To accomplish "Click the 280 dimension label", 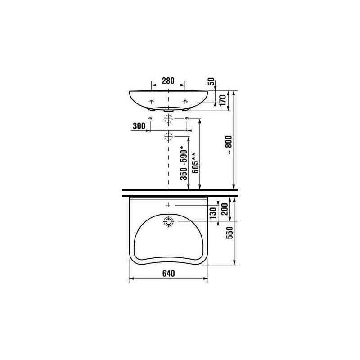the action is pyautogui.click(x=168, y=81).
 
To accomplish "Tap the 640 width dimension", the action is pyautogui.click(x=168, y=274).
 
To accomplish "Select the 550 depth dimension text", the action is pyautogui.click(x=229, y=233).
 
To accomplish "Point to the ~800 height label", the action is pyautogui.click(x=229, y=145).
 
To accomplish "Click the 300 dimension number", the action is pyautogui.click(x=139, y=126).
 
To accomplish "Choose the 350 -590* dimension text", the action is pyautogui.click(x=184, y=163).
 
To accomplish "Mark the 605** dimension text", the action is pyautogui.click(x=195, y=163).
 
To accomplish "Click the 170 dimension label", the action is pyautogui.click(x=223, y=100).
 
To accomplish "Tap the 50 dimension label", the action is pyautogui.click(x=211, y=82).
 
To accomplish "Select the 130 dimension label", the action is pyautogui.click(x=213, y=213).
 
